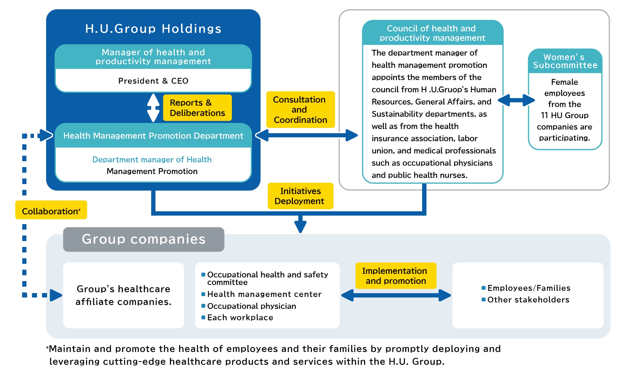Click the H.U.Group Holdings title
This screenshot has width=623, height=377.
pos(153,29)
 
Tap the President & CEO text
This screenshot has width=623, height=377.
pos(153,81)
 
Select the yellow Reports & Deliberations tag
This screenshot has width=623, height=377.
pos(197,108)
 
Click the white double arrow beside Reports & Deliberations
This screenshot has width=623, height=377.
pos(153,108)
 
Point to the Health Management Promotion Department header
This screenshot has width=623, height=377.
pos(153,136)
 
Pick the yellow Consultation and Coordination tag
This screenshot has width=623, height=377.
pos(300,110)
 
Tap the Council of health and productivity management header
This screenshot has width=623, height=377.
pos(432,33)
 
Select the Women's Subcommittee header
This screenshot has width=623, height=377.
pos(565,61)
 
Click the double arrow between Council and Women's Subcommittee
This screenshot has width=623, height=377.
pos(516,100)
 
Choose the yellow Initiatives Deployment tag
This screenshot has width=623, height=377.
pos(300,196)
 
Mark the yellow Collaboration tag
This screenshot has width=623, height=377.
pos(51,211)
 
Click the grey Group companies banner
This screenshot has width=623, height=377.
pos(144,239)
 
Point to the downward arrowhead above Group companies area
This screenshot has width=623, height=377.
pos(300,227)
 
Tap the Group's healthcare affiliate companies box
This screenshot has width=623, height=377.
pos(123,295)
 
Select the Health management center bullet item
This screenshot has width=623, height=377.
pos(264,294)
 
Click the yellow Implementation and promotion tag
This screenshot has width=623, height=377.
pos(395,276)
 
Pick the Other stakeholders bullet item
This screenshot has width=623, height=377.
pos(528,300)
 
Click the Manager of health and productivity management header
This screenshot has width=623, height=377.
pos(153,57)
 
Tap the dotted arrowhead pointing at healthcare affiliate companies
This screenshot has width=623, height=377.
pos(56,295)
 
